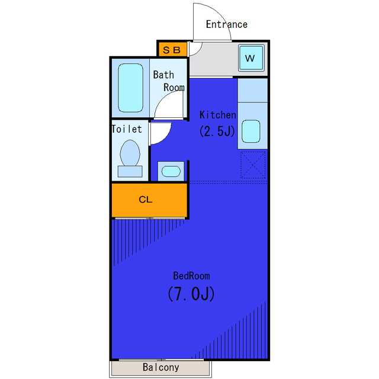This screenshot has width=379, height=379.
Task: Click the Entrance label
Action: coord(227,24)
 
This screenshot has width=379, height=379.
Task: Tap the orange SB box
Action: coord(172,50)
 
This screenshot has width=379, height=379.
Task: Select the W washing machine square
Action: coord(250,58)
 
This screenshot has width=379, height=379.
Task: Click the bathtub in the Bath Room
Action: coord(130,88)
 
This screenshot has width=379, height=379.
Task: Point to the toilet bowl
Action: coord(130,153)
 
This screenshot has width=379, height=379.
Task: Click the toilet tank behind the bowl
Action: coord(130,172)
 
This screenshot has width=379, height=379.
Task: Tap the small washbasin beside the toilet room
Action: coord(171,171)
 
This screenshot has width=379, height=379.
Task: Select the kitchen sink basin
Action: coord(251,131)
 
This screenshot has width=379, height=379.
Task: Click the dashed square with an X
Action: coord(253,165)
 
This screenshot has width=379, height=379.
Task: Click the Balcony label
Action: coord(161,367)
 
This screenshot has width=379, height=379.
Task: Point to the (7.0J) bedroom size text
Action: coord(191,294)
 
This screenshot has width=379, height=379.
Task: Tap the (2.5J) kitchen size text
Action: coord(217,131)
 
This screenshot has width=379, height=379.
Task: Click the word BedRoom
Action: coord(191,276)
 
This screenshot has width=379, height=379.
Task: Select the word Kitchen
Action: coord(217,115)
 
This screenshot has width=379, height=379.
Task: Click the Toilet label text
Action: coord(127,129)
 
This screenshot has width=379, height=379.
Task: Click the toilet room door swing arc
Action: coord(165,138)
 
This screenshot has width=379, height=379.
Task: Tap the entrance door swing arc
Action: coord(220,15)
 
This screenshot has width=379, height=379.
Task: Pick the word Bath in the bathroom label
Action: coord(163,75)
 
